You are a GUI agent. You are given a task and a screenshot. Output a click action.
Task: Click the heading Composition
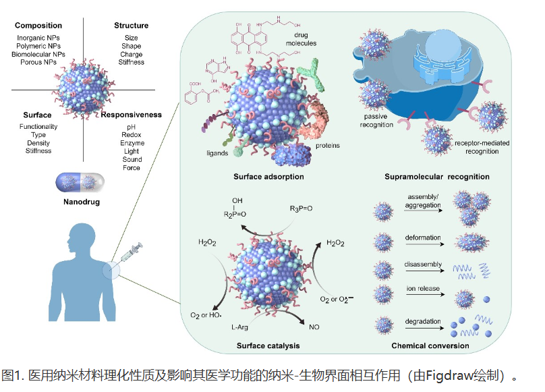tap(38, 26)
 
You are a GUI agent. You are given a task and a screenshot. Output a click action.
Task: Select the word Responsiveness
tap(132, 115)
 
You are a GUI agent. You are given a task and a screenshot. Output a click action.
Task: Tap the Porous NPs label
tap(38, 61)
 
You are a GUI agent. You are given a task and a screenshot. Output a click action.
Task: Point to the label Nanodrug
tap(80, 201)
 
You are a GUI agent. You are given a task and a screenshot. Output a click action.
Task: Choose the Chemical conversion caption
tap(430, 346)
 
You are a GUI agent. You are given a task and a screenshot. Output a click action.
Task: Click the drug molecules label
tap(301, 39)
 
